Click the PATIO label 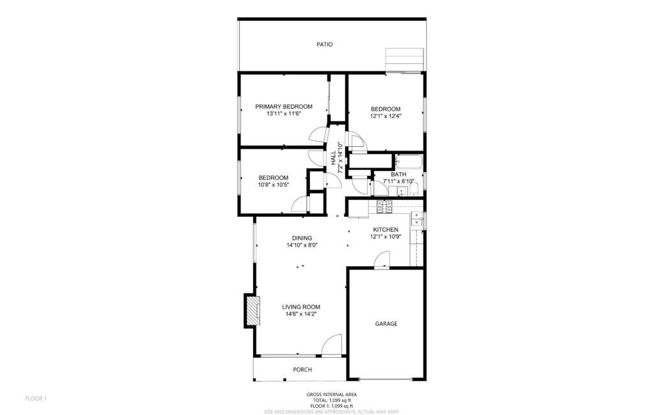point(324,44)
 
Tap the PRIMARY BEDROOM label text point(283,107)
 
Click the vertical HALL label point(333,158)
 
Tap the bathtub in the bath point(409,161)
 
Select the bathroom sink point(401,192)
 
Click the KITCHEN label point(385,229)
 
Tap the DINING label point(302,238)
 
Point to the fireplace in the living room point(251,310)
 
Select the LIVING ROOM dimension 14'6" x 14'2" point(301,314)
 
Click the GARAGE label point(386,323)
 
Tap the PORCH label point(302,370)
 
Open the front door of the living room point(331,345)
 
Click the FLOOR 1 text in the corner point(36,398)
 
